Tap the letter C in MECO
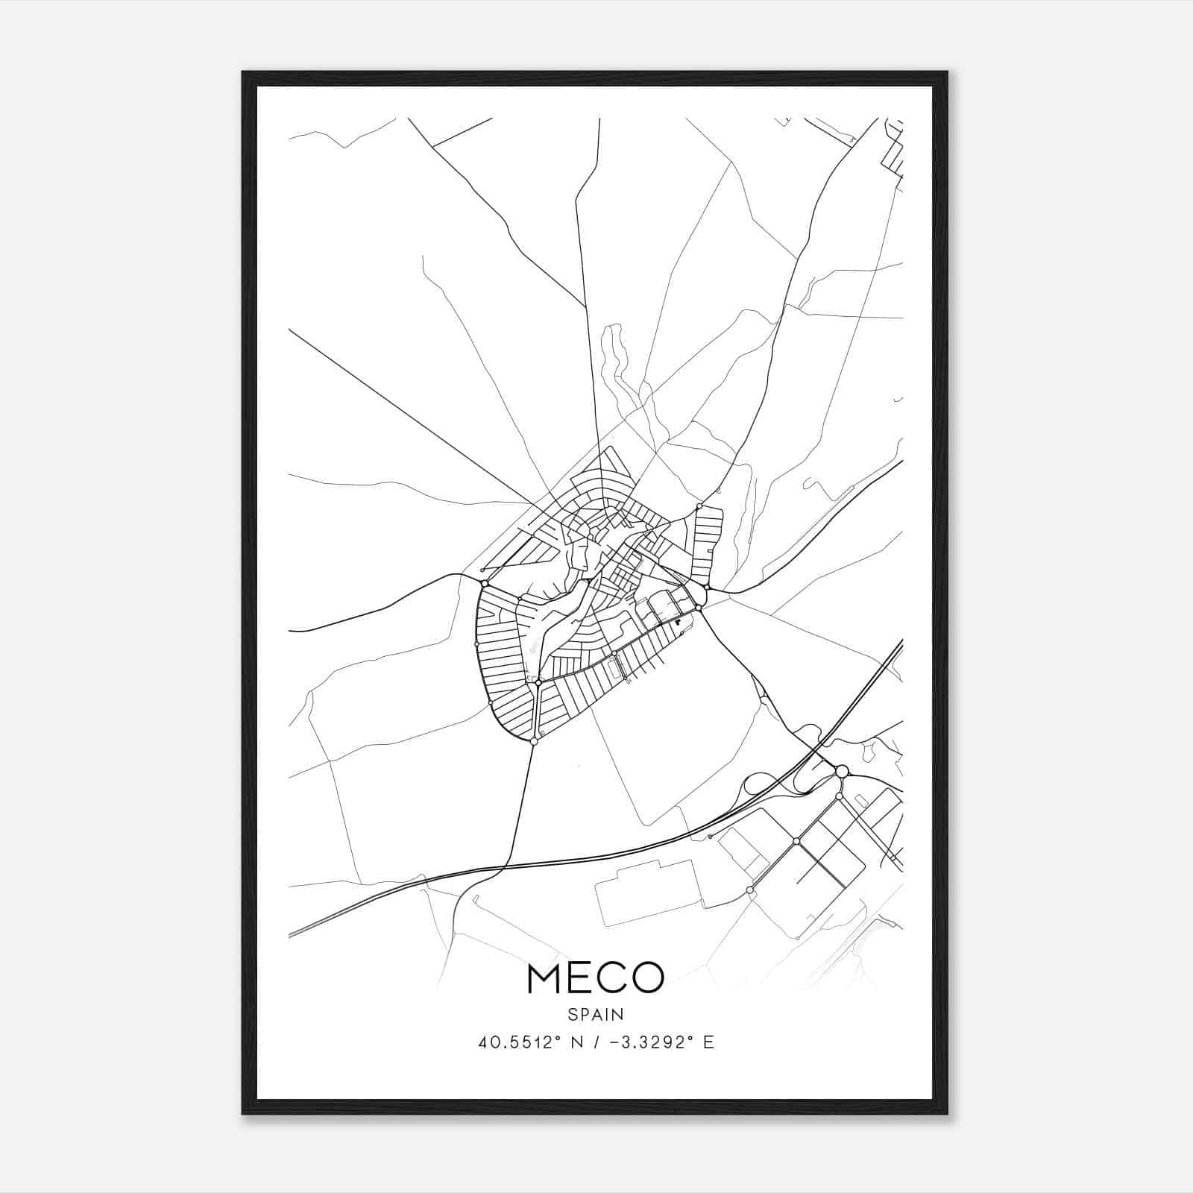click(x=612, y=978)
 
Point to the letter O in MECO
click(x=646, y=978)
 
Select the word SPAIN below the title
click(x=596, y=1014)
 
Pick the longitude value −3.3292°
click(x=647, y=1042)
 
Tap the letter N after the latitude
click(x=576, y=1042)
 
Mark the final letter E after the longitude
click(x=709, y=1042)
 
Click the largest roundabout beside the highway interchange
click(x=842, y=771)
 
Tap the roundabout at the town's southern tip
click(x=534, y=741)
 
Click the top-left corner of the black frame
click(x=243, y=72)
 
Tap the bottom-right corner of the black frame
click(x=948, y=1113)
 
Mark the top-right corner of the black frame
click(x=948, y=72)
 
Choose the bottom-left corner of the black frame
click(x=243, y=1113)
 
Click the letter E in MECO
click(x=580, y=978)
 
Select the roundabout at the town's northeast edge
click(x=699, y=506)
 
